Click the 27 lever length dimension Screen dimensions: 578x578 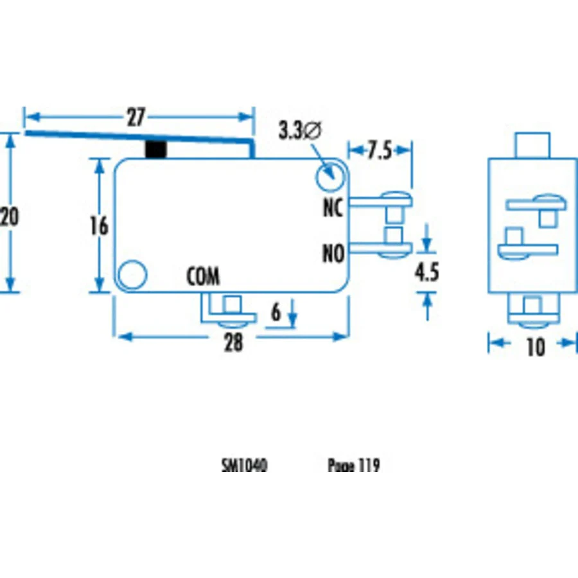pos(136,118)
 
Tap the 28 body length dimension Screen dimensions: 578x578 pos(234,342)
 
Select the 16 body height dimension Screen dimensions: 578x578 pos(100,225)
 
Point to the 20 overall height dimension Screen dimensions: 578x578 pos(9,216)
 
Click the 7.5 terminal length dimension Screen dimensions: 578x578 pos(380,150)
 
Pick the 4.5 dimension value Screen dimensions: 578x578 pos(427,272)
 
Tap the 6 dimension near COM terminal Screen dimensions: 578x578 pos(276,313)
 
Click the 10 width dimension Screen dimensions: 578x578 pos(536,347)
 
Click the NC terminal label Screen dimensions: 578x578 pos(333,207)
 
